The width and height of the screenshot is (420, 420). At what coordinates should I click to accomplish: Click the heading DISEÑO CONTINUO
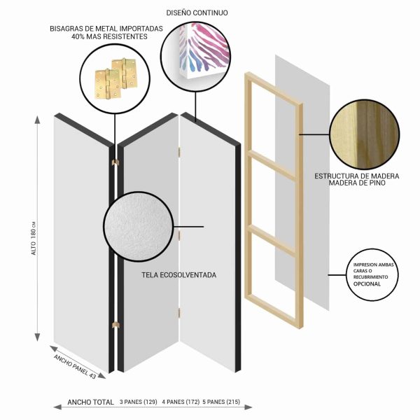[197, 13]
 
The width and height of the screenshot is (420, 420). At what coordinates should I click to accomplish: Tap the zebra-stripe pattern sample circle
[195, 57]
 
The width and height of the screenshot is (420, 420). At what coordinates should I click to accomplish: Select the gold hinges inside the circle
[116, 78]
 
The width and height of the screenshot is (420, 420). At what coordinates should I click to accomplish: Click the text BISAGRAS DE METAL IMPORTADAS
[106, 29]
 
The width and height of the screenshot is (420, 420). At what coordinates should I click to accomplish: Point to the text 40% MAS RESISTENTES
[109, 36]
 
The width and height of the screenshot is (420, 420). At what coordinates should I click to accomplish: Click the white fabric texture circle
[139, 226]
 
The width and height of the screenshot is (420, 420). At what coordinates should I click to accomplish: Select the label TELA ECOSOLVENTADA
[179, 275]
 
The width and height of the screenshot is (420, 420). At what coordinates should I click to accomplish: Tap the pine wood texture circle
[365, 134]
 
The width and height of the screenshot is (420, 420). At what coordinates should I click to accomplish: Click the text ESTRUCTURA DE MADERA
[357, 176]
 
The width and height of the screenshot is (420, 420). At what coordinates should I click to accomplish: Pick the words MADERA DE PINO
[357, 183]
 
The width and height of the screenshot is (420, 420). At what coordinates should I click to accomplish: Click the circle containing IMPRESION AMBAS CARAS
[372, 275]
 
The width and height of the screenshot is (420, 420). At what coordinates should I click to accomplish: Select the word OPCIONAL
[367, 284]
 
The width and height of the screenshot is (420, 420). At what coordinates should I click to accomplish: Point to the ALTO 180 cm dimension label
[34, 238]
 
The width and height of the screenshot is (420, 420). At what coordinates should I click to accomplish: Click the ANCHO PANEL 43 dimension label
[75, 366]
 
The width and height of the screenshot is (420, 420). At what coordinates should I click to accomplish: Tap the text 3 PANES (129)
[138, 402]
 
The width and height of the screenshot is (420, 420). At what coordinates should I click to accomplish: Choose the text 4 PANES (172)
[181, 402]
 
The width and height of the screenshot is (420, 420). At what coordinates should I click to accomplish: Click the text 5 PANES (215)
[221, 402]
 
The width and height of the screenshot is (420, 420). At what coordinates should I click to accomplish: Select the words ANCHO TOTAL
[90, 402]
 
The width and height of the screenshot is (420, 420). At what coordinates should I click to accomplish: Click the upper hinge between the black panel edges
[115, 162]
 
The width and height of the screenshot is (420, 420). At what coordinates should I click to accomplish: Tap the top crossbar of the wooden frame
[273, 88]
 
